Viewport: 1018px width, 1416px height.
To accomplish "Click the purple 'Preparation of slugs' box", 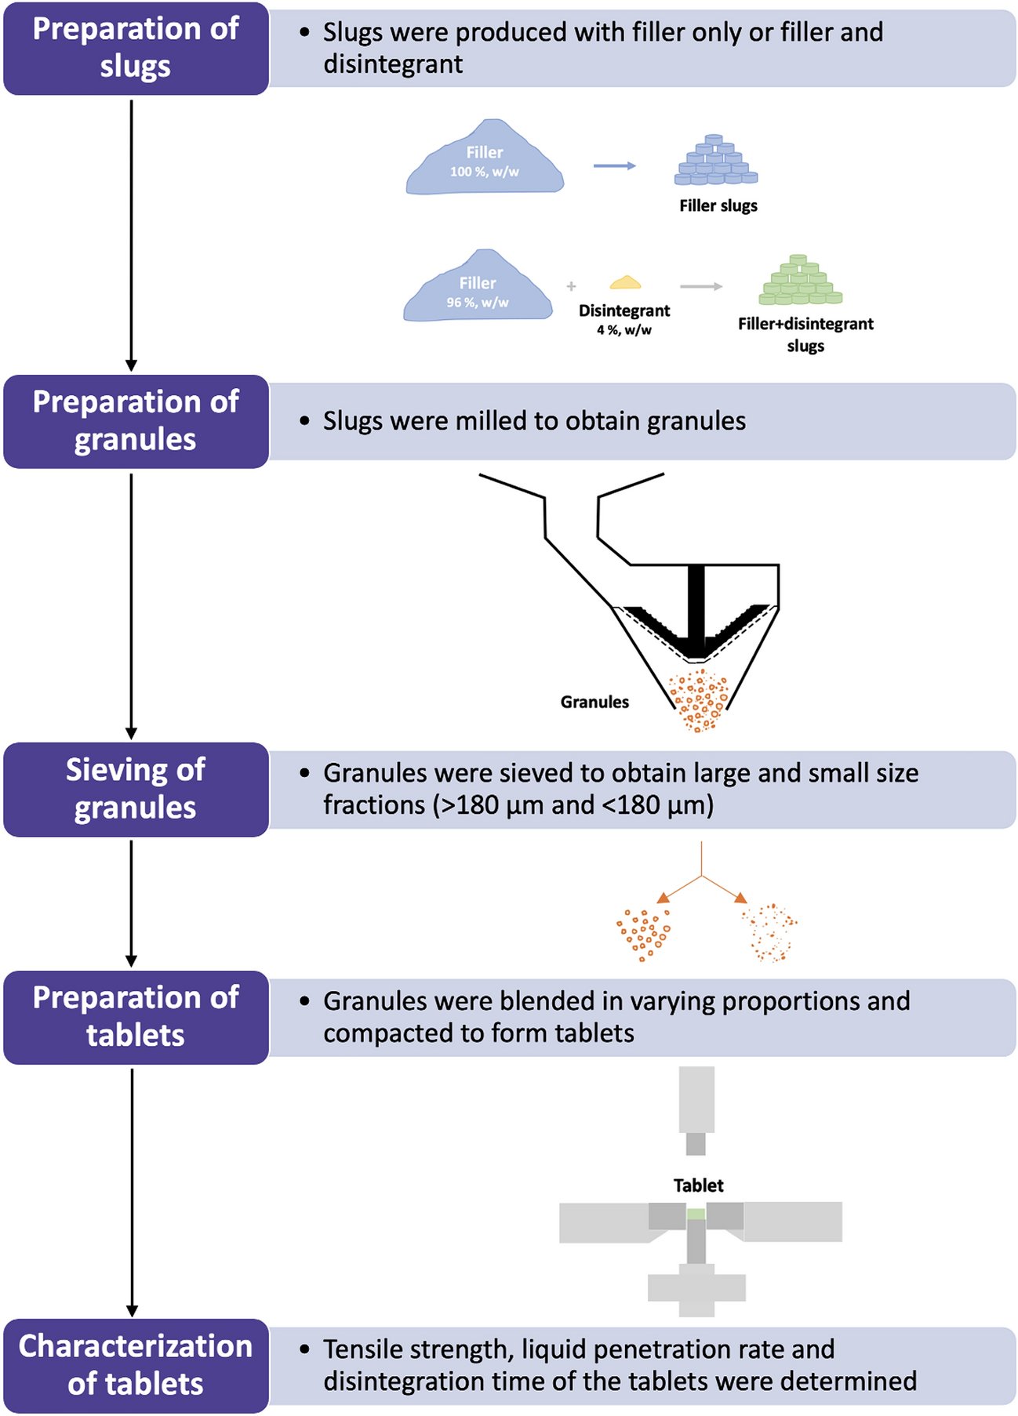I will tap(136, 49).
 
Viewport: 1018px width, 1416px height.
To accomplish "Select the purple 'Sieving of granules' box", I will tap(136, 789).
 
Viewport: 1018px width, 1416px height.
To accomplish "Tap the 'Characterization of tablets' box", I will tap(136, 1365).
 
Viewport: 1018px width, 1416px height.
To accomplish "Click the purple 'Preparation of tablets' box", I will tap(136, 1017).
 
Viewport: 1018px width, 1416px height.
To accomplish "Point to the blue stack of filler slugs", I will tap(715, 162).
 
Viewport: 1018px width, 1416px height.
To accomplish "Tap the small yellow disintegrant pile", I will tap(625, 282).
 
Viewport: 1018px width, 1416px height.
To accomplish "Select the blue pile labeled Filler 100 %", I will tap(484, 160).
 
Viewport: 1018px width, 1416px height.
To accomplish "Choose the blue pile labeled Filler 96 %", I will tap(478, 290).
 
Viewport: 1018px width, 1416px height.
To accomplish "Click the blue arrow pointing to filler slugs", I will tap(614, 165).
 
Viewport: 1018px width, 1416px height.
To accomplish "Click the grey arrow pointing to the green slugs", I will tap(700, 287).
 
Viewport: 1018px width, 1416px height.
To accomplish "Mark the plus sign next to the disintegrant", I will tap(571, 287).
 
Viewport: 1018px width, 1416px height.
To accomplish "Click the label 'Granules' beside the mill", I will tap(594, 702).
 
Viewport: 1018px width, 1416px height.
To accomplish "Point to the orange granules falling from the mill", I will tap(699, 700).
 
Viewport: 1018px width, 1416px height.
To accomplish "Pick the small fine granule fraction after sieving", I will tap(770, 933).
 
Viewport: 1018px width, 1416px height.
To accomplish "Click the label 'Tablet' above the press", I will tap(698, 1185).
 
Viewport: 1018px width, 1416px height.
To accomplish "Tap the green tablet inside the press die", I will tap(696, 1214).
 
